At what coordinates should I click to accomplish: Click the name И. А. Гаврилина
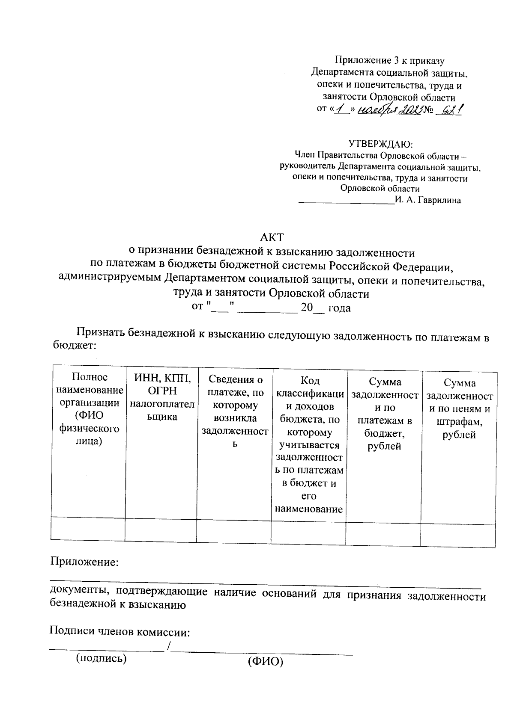(x=428, y=200)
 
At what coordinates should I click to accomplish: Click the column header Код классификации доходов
(x=309, y=444)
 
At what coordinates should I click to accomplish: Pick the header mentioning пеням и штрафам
(x=459, y=408)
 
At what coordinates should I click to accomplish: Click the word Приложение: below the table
(x=84, y=561)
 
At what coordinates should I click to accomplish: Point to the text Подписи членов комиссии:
(x=120, y=632)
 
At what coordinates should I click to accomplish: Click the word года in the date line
(x=339, y=308)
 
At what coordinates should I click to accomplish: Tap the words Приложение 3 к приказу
(x=389, y=61)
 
